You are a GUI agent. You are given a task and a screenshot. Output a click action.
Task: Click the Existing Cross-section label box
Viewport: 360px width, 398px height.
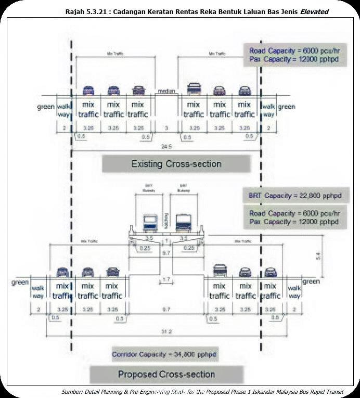176,164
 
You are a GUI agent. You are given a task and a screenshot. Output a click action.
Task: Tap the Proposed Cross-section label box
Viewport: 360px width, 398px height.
166,375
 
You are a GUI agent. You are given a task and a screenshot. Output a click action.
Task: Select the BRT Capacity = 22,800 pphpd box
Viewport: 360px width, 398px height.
297,196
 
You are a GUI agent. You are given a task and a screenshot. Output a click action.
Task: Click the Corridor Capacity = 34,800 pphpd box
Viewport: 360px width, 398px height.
164,355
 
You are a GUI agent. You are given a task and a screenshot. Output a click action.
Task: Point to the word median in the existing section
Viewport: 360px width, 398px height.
166,92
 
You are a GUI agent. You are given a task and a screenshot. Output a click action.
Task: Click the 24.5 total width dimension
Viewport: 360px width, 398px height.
166,147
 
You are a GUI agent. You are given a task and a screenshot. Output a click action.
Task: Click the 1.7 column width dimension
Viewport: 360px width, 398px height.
166,280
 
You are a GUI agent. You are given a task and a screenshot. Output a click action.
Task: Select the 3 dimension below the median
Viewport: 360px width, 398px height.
166,128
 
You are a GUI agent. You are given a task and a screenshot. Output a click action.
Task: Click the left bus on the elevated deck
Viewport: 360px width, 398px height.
150,223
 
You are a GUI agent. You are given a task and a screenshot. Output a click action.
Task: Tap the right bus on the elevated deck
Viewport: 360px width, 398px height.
184,222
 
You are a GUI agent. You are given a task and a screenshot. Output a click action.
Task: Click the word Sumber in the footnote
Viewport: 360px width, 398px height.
72,392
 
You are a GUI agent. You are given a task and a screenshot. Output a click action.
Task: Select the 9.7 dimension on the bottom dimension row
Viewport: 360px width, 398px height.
166,310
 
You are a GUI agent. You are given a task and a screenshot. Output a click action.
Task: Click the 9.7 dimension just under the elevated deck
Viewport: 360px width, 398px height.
166,252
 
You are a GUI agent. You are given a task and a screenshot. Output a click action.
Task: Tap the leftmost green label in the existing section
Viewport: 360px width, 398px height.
46,107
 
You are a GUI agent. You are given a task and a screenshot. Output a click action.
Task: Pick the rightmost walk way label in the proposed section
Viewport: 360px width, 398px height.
294,292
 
